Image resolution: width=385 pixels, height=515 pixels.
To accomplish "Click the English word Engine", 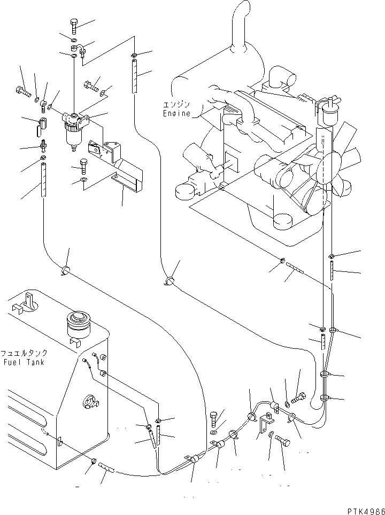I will [x=176, y=113].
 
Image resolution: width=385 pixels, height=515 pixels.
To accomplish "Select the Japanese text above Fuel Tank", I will [x=24, y=354].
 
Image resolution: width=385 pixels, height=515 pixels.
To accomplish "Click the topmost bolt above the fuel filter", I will [x=73, y=25].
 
